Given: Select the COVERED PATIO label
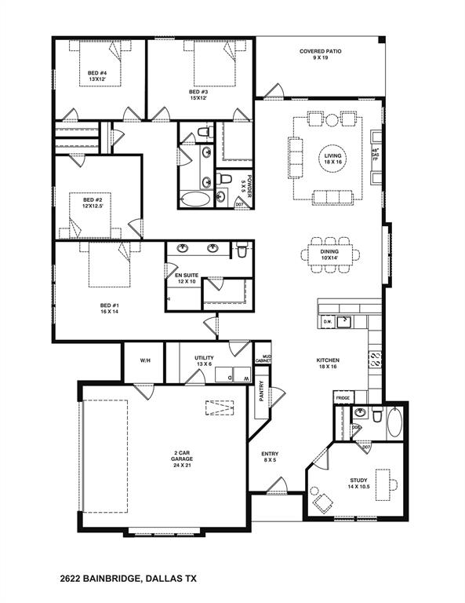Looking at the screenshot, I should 320,55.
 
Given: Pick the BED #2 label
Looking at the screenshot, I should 94,203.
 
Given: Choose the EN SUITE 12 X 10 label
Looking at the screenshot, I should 186,278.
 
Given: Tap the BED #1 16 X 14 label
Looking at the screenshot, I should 108,308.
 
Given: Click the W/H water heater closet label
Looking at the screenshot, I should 145,360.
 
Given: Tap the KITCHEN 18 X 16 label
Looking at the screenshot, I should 328,363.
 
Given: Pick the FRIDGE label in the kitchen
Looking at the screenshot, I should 343,398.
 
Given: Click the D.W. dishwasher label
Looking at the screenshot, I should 329,321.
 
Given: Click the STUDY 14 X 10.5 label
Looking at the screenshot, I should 358,483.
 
